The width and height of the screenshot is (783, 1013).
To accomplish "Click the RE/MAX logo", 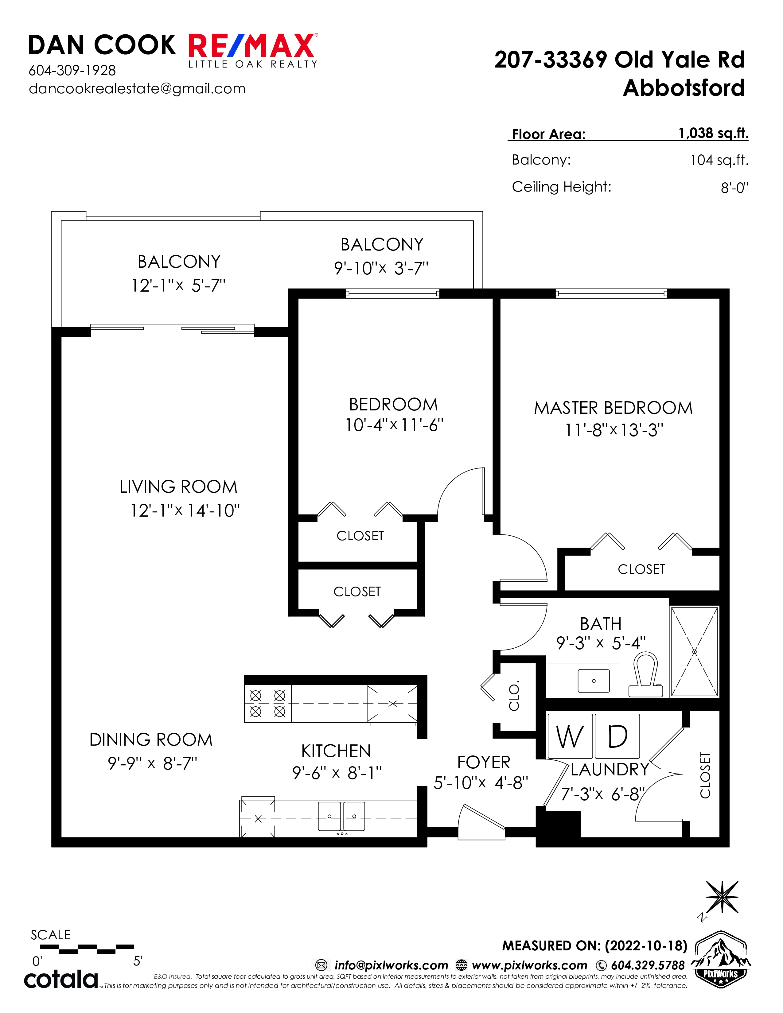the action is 253,50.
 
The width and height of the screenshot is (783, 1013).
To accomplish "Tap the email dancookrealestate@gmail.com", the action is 137,89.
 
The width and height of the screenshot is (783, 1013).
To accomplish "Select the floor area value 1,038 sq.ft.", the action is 713,133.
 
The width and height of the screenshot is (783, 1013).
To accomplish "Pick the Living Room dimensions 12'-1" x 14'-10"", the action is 185,511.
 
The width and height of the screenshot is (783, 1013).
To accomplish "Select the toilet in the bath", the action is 645,675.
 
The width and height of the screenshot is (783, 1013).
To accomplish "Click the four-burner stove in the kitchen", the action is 268,704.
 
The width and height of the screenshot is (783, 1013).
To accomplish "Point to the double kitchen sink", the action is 341,816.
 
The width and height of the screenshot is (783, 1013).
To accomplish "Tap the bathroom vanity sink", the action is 594,681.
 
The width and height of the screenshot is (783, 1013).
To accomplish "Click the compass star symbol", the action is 722,897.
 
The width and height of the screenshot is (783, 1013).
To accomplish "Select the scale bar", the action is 87,949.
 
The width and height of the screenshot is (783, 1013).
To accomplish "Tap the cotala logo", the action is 61,979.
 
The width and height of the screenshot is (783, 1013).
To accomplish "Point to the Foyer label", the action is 484,763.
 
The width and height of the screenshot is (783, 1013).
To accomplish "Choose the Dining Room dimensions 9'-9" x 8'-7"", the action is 153,763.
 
